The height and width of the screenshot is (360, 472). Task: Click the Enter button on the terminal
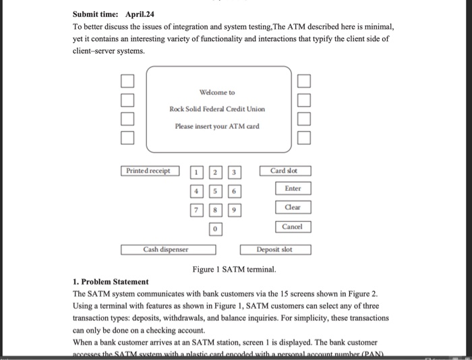coord(293,189)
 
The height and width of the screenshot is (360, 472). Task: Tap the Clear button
coord(293,208)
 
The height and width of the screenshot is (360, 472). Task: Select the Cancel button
coord(293,227)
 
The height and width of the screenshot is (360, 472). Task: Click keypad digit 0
coord(214,230)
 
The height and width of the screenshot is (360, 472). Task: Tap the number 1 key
coord(196,173)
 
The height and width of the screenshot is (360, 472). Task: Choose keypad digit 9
coord(234,211)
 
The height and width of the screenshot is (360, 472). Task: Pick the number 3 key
coord(234,173)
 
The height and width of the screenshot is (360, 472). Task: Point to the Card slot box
coord(285,171)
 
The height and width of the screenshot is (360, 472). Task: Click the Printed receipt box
coord(149,171)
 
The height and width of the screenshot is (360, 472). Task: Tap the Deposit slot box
coord(275,249)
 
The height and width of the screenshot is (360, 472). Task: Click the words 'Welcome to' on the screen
coord(217,92)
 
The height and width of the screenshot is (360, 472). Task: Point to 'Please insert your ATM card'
coord(217,126)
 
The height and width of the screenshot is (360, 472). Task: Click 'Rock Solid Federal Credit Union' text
coord(217,109)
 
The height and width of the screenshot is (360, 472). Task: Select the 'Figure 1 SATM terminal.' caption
coord(234,269)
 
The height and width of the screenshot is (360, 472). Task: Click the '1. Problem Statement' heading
coord(111,281)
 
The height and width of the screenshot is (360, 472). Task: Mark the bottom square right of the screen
coord(304,140)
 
